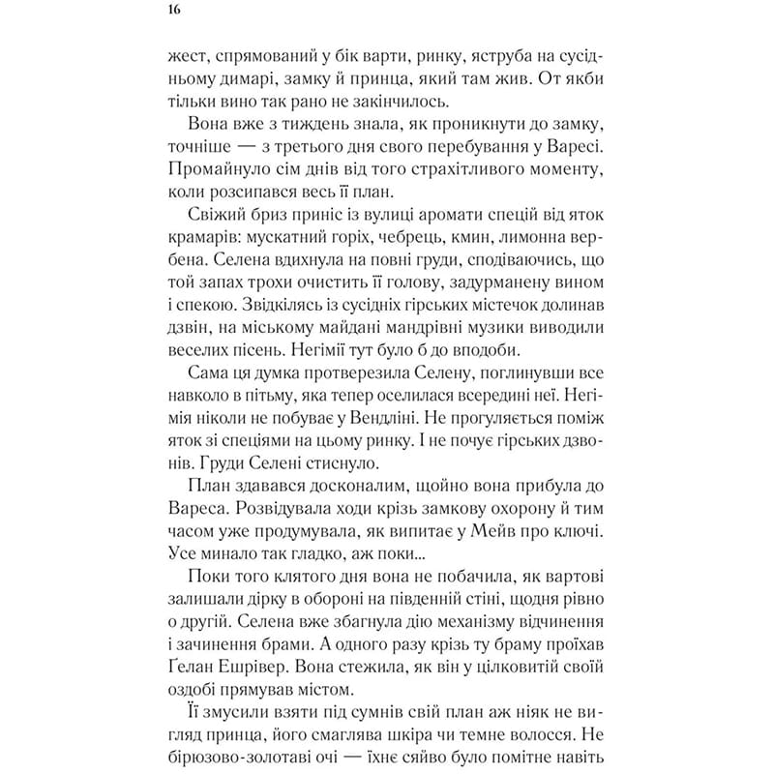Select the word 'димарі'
[238, 79]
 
